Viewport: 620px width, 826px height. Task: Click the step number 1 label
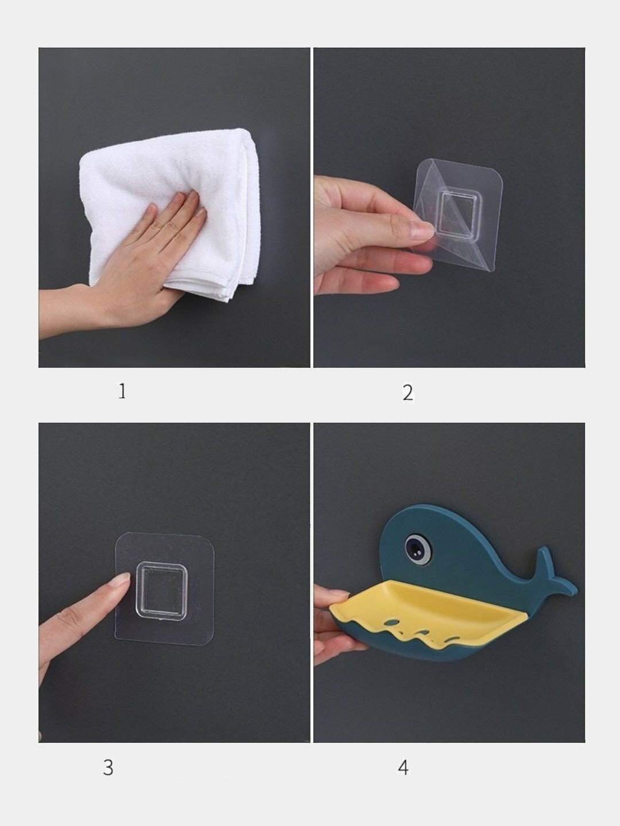[122, 391]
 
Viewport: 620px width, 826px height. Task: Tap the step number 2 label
[408, 393]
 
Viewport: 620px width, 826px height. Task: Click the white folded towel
[169, 211]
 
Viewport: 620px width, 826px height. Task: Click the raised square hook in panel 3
[161, 590]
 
